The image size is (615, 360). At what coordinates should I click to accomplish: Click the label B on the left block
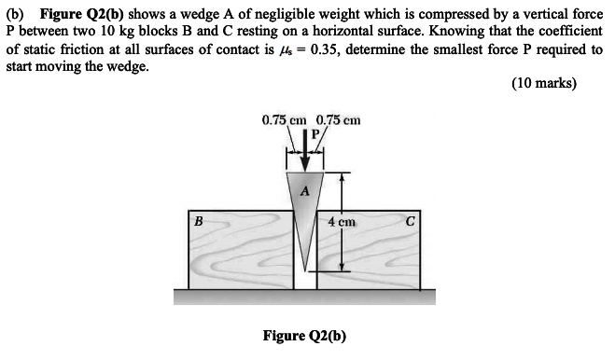pyautogui.click(x=197, y=221)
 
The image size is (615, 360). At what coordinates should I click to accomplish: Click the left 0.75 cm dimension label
pyautogui.click(x=286, y=119)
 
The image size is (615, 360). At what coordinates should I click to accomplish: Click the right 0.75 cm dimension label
pyautogui.click(x=339, y=119)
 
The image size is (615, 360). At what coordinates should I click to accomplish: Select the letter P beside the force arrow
pyautogui.click(x=315, y=134)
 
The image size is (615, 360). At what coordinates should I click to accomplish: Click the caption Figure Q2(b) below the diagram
pyautogui.click(x=304, y=336)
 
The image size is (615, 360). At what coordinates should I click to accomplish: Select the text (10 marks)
pyautogui.click(x=545, y=83)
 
